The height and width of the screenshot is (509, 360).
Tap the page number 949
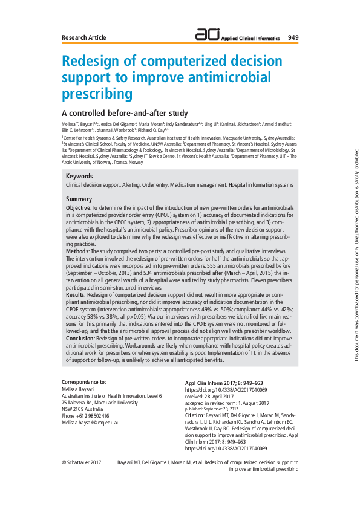tap(293, 37)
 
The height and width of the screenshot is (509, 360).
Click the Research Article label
tap(84, 37)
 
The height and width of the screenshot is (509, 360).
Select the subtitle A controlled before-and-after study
tap(125, 112)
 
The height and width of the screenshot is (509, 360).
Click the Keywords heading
tap(79, 176)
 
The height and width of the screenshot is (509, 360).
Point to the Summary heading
tap(79, 199)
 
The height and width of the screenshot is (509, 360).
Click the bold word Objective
tap(78, 207)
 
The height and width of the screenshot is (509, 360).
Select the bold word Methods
tap(77, 250)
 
